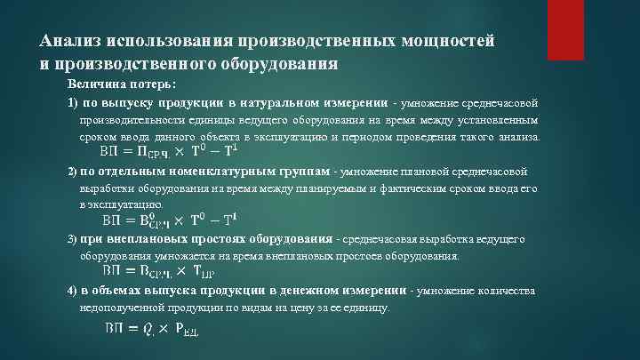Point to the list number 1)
tap(74, 102)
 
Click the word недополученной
tap(124, 308)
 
